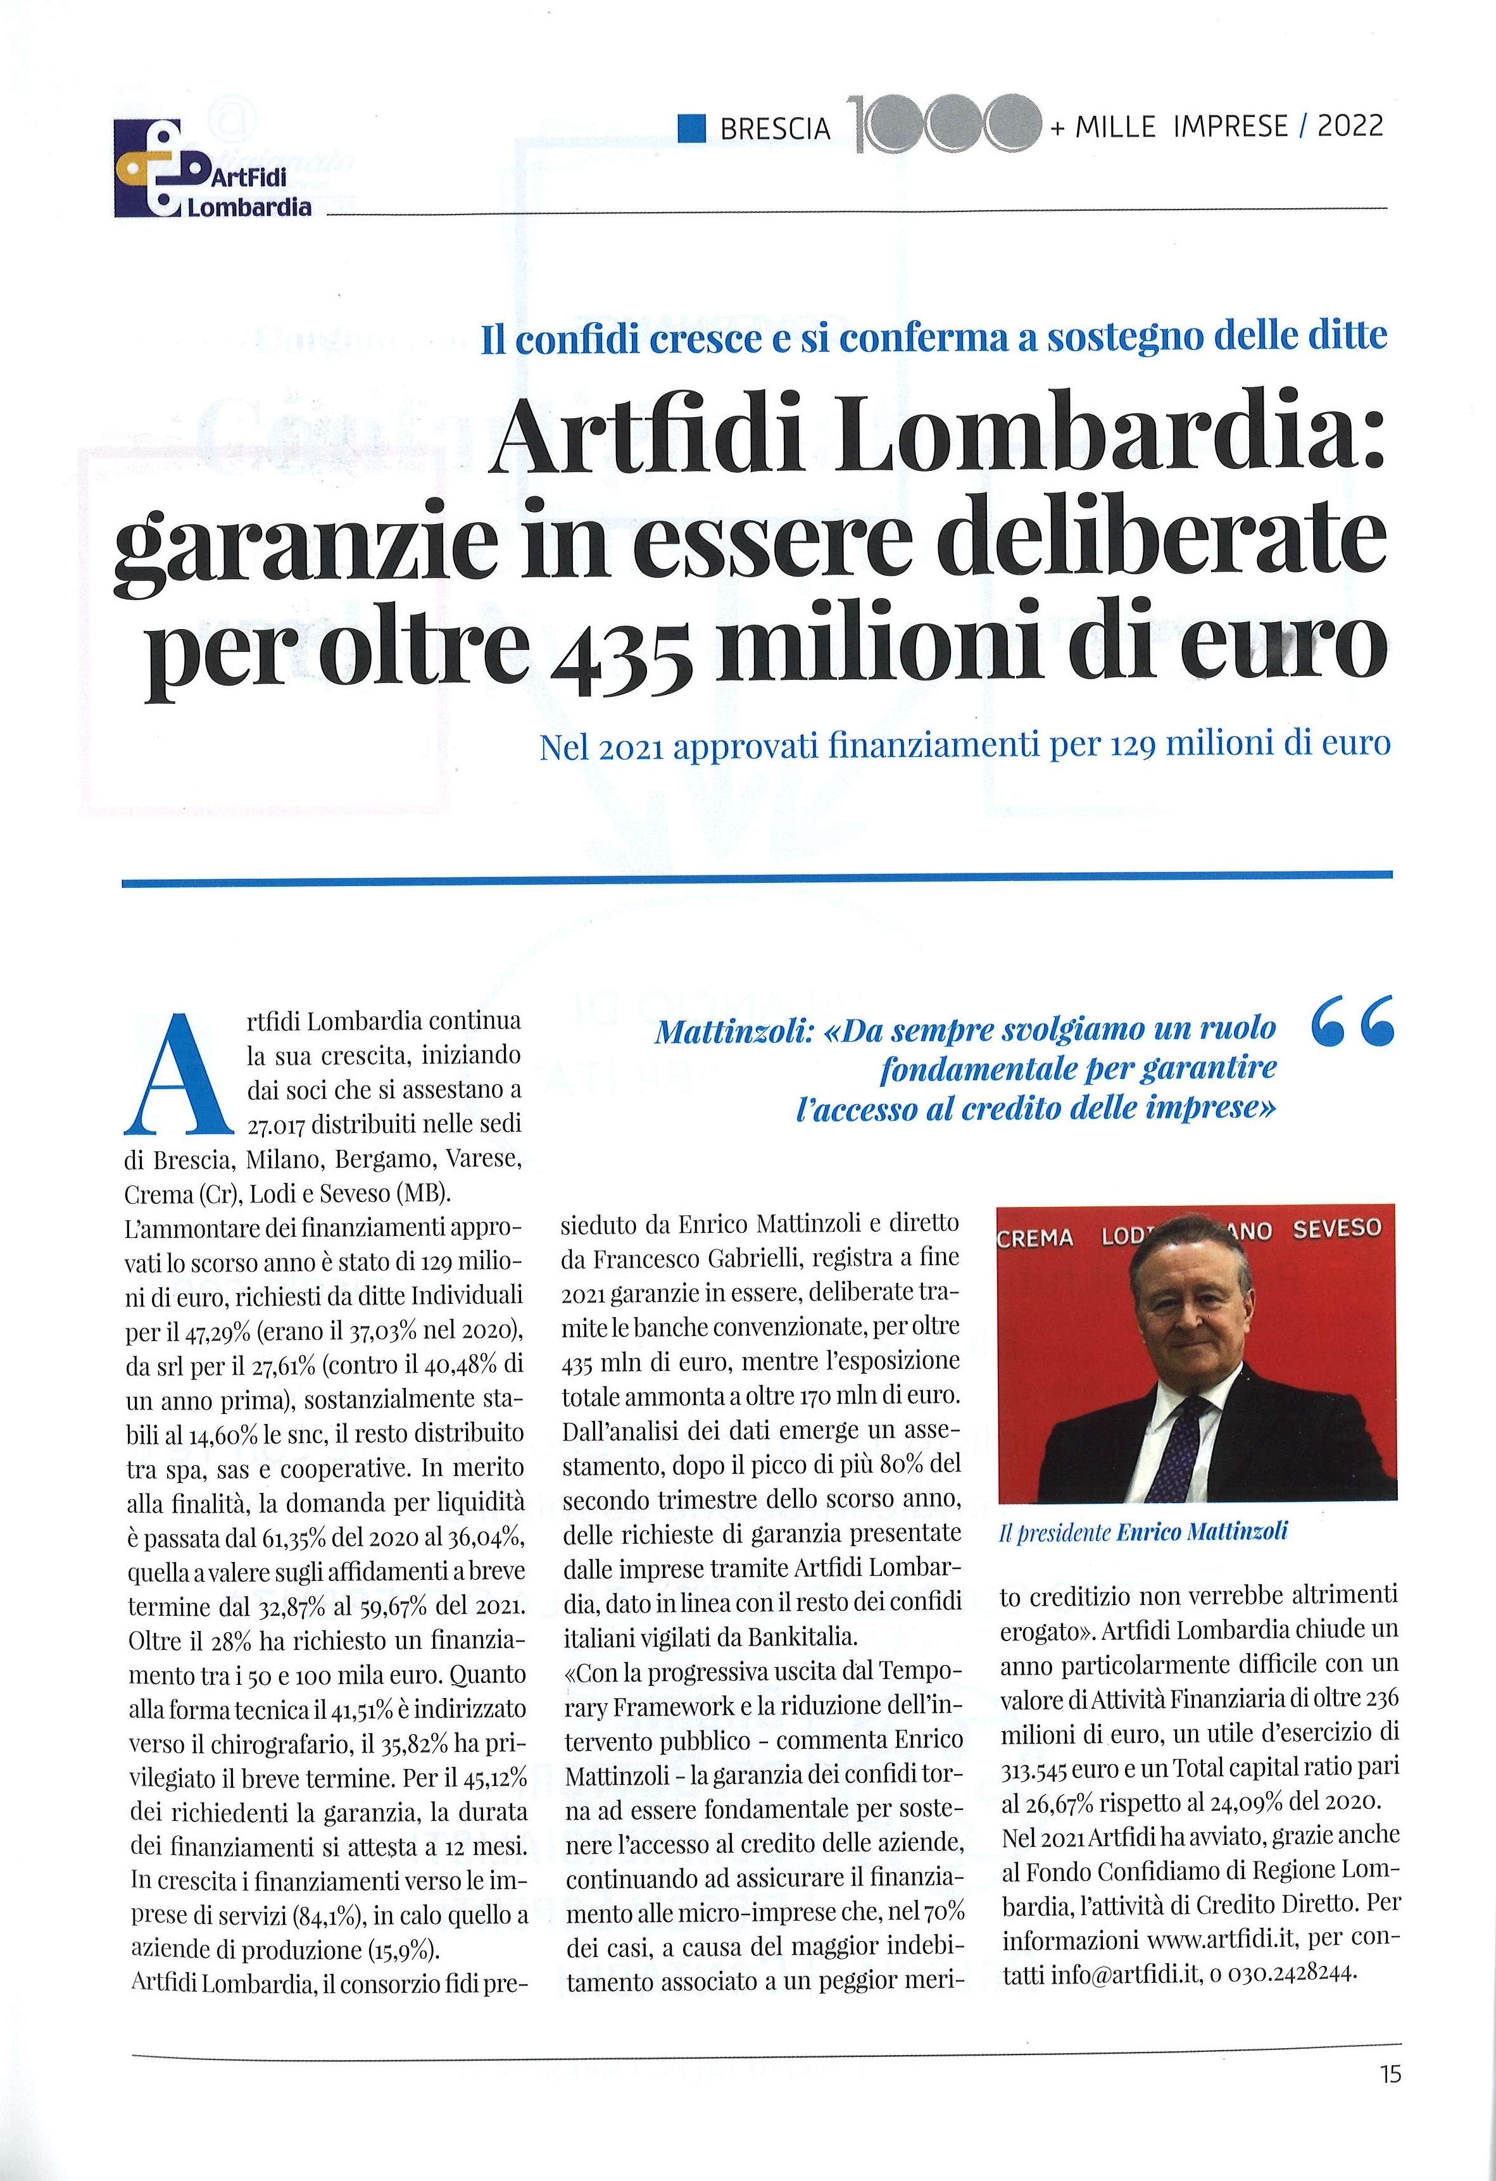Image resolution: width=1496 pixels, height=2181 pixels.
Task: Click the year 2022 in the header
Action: [x=1350, y=127]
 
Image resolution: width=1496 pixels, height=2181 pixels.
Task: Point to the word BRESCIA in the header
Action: [x=775, y=128]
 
